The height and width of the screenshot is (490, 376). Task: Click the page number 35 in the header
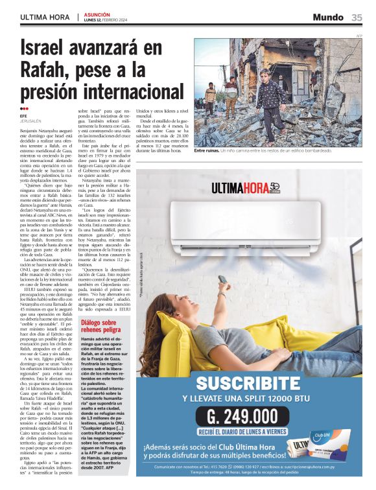357,17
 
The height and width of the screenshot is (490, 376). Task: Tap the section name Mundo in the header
327,17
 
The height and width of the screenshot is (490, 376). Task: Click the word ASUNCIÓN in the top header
97,14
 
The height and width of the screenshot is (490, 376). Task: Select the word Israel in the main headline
54,49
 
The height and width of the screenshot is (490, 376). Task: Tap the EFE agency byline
23,116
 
